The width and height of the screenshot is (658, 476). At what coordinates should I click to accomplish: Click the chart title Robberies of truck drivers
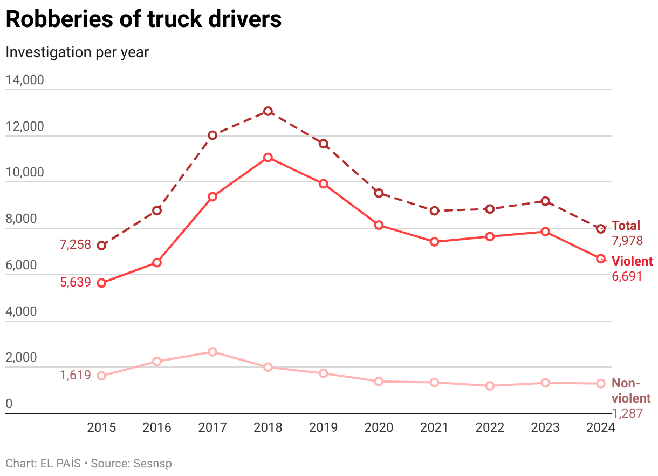(x=143, y=19)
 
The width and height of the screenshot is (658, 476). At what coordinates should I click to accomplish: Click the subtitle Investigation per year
(x=77, y=52)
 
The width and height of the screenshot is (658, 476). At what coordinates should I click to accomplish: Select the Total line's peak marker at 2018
(x=268, y=111)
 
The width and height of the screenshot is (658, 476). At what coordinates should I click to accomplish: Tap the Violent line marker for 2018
(x=268, y=158)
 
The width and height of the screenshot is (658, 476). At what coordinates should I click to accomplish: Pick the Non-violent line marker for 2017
(x=213, y=352)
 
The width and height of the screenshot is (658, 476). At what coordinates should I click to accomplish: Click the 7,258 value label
(x=75, y=244)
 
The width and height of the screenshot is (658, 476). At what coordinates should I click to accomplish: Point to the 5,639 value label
(x=75, y=282)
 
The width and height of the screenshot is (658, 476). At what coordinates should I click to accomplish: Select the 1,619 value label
(x=75, y=375)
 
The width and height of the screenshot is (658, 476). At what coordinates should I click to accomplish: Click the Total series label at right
(x=626, y=226)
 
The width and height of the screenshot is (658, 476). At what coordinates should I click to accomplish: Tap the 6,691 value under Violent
(x=627, y=276)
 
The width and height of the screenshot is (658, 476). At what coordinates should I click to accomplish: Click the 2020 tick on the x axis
(x=379, y=428)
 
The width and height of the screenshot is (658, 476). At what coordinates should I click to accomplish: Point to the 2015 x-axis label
(x=101, y=428)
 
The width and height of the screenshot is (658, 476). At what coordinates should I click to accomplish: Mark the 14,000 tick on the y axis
(x=24, y=80)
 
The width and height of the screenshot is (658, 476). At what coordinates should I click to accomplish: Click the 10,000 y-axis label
(x=24, y=173)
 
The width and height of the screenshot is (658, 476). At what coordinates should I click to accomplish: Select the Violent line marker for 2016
(x=157, y=263)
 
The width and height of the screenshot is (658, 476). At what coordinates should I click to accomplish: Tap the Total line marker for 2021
(x=434, y=210)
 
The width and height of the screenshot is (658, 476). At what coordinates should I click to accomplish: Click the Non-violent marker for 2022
(x=490, y=386)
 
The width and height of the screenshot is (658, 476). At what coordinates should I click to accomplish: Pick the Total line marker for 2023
(x=545, y=201)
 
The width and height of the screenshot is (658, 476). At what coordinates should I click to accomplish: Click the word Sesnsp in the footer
(x=154, y=463)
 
